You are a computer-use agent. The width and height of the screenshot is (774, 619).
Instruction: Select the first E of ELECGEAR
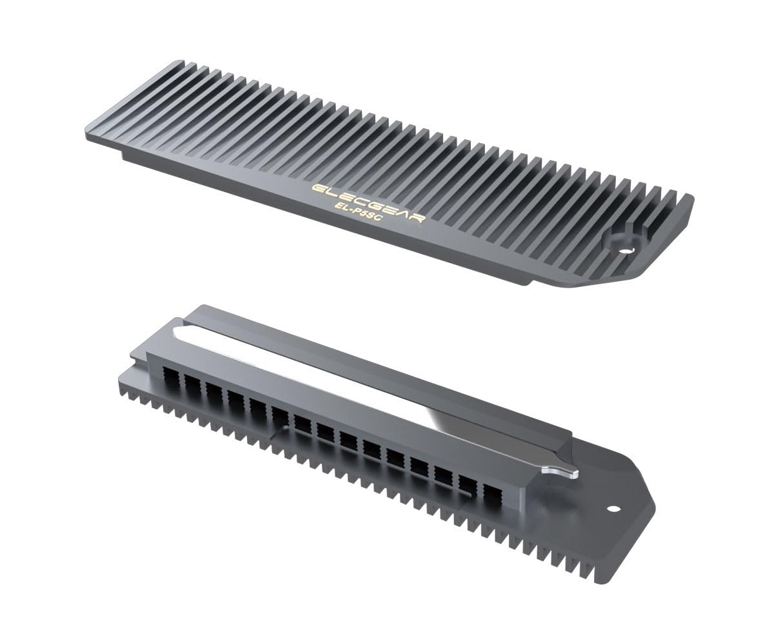pyautogui.click(x=317, y=188)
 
